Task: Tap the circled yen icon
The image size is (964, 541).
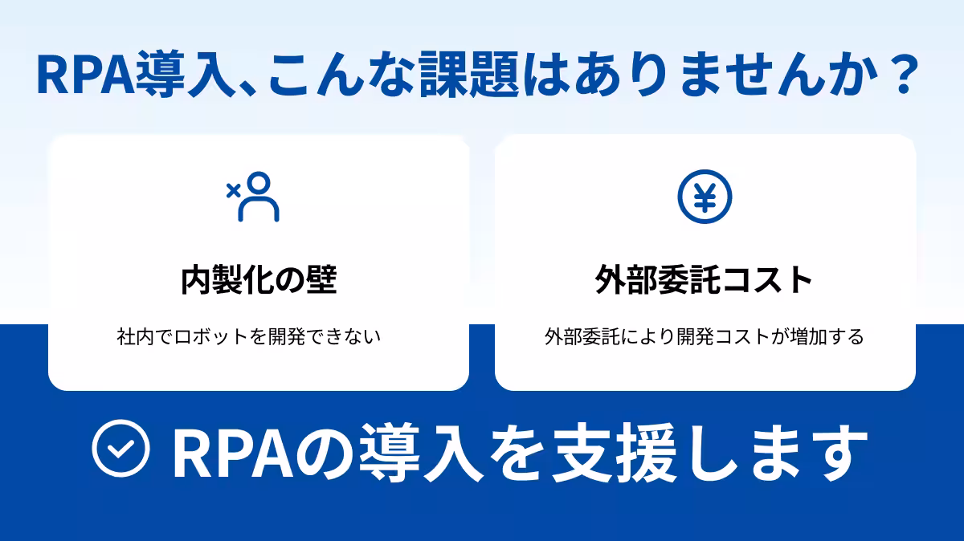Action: point(705,197)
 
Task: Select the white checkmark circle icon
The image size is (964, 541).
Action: point(121,449)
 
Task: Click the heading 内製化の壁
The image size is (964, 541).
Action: point(258,280)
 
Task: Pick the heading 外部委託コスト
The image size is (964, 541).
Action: point(705,280)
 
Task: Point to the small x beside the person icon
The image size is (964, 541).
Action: point(233,190)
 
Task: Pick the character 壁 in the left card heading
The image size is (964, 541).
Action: point(320,280)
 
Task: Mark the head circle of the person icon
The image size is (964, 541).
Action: point(260,183)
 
